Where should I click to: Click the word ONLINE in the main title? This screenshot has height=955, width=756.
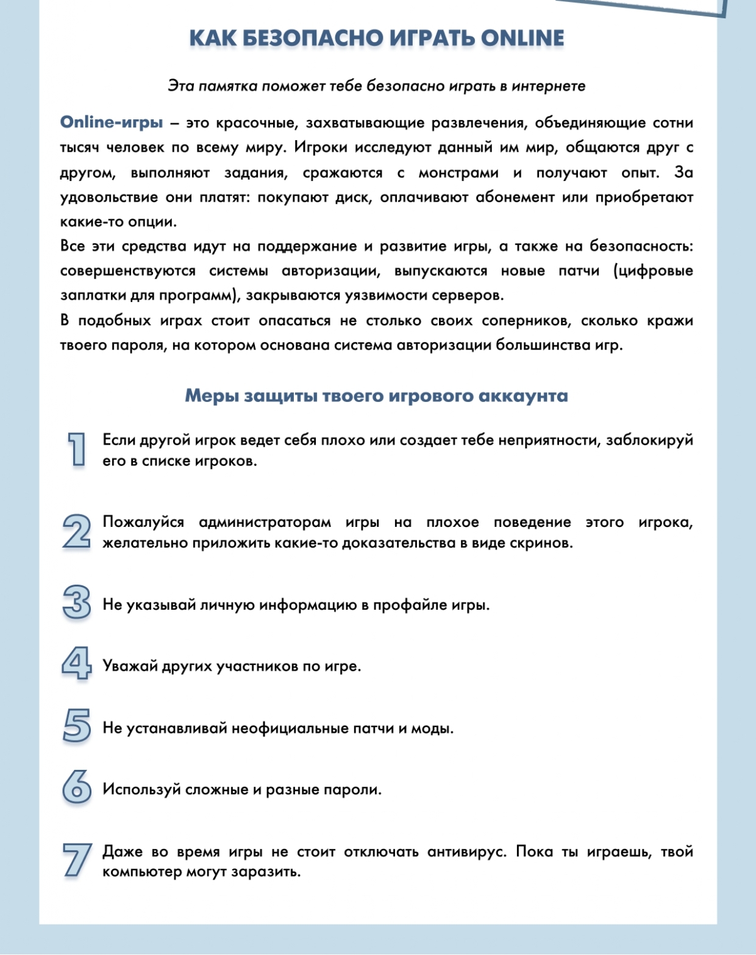point(522,38)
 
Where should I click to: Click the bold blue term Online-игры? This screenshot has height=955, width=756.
point(112,122)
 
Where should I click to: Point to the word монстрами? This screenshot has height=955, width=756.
point(458,172)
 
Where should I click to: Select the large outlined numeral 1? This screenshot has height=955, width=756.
point(76,449)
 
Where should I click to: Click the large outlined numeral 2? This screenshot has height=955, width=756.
point(77,531)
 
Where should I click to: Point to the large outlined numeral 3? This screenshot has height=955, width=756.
point(77,602)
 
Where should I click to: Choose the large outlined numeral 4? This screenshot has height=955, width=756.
point(77,664)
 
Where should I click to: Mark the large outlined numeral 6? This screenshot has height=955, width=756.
point(77,787)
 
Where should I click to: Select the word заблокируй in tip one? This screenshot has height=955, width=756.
point(649,440)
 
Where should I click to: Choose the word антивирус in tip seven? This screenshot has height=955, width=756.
point(466,851)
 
